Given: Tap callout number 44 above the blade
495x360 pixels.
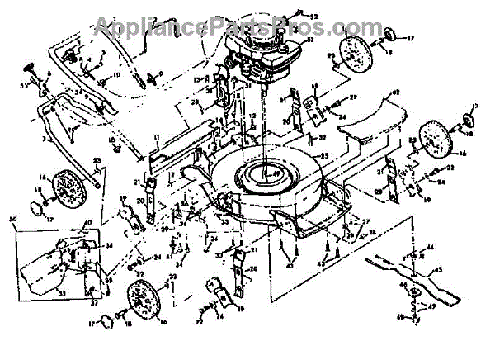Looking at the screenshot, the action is point(431,248).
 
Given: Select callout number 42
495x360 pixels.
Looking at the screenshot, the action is point(395,92).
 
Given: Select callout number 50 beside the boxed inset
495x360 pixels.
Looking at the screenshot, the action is point(12,218).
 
